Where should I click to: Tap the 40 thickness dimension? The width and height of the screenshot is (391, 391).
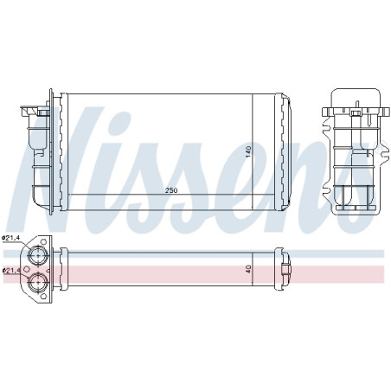coord(248,269)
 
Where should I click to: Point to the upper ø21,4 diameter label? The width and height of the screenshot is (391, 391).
coord(12,238)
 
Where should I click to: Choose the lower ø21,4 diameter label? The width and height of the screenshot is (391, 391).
coord(12,271)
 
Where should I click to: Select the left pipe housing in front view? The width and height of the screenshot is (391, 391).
coord(39,156)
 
